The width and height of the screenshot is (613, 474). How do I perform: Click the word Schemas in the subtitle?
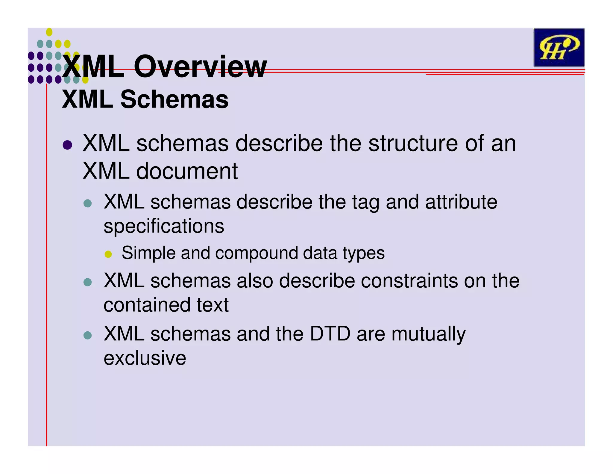[174, 99]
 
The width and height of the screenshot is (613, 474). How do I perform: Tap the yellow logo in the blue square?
[559, 48]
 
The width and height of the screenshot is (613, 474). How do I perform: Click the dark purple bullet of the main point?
[67, 145]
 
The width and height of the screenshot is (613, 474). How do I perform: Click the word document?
[187, 171]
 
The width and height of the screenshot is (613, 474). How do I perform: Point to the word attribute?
[461, 202]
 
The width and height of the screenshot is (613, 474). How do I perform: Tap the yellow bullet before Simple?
[108, 254]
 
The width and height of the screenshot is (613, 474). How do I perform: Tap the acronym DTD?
[330, 334]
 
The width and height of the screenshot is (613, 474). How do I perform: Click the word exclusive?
[145, 358]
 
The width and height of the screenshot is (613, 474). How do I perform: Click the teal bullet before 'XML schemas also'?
[87, 282]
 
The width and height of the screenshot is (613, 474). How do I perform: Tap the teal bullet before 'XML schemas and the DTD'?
[87, 335]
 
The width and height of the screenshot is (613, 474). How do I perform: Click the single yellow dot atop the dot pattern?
[49, 32]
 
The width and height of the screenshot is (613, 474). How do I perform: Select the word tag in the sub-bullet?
[365, 203]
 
